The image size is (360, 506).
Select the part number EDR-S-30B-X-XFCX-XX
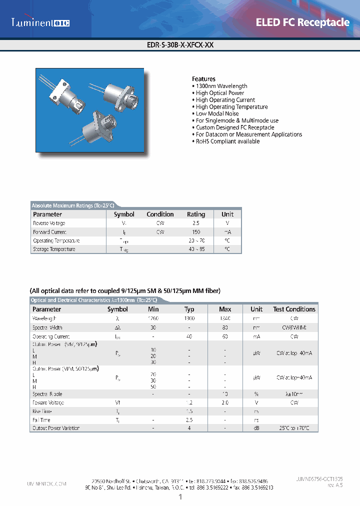180,44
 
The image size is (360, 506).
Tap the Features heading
203,79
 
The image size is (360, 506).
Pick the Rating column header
196,214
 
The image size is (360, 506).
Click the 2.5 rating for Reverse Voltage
196,223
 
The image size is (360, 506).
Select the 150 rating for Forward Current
196,232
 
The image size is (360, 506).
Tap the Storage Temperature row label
54,249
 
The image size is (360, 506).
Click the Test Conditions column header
294,309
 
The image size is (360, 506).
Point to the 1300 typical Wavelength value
189,318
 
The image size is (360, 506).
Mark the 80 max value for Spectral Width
225,327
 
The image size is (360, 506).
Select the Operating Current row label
51,336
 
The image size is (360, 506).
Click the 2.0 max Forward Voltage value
225,402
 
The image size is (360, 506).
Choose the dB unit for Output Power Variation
256,428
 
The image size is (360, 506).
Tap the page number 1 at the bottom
180,497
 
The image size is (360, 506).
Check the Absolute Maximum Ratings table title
73,205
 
